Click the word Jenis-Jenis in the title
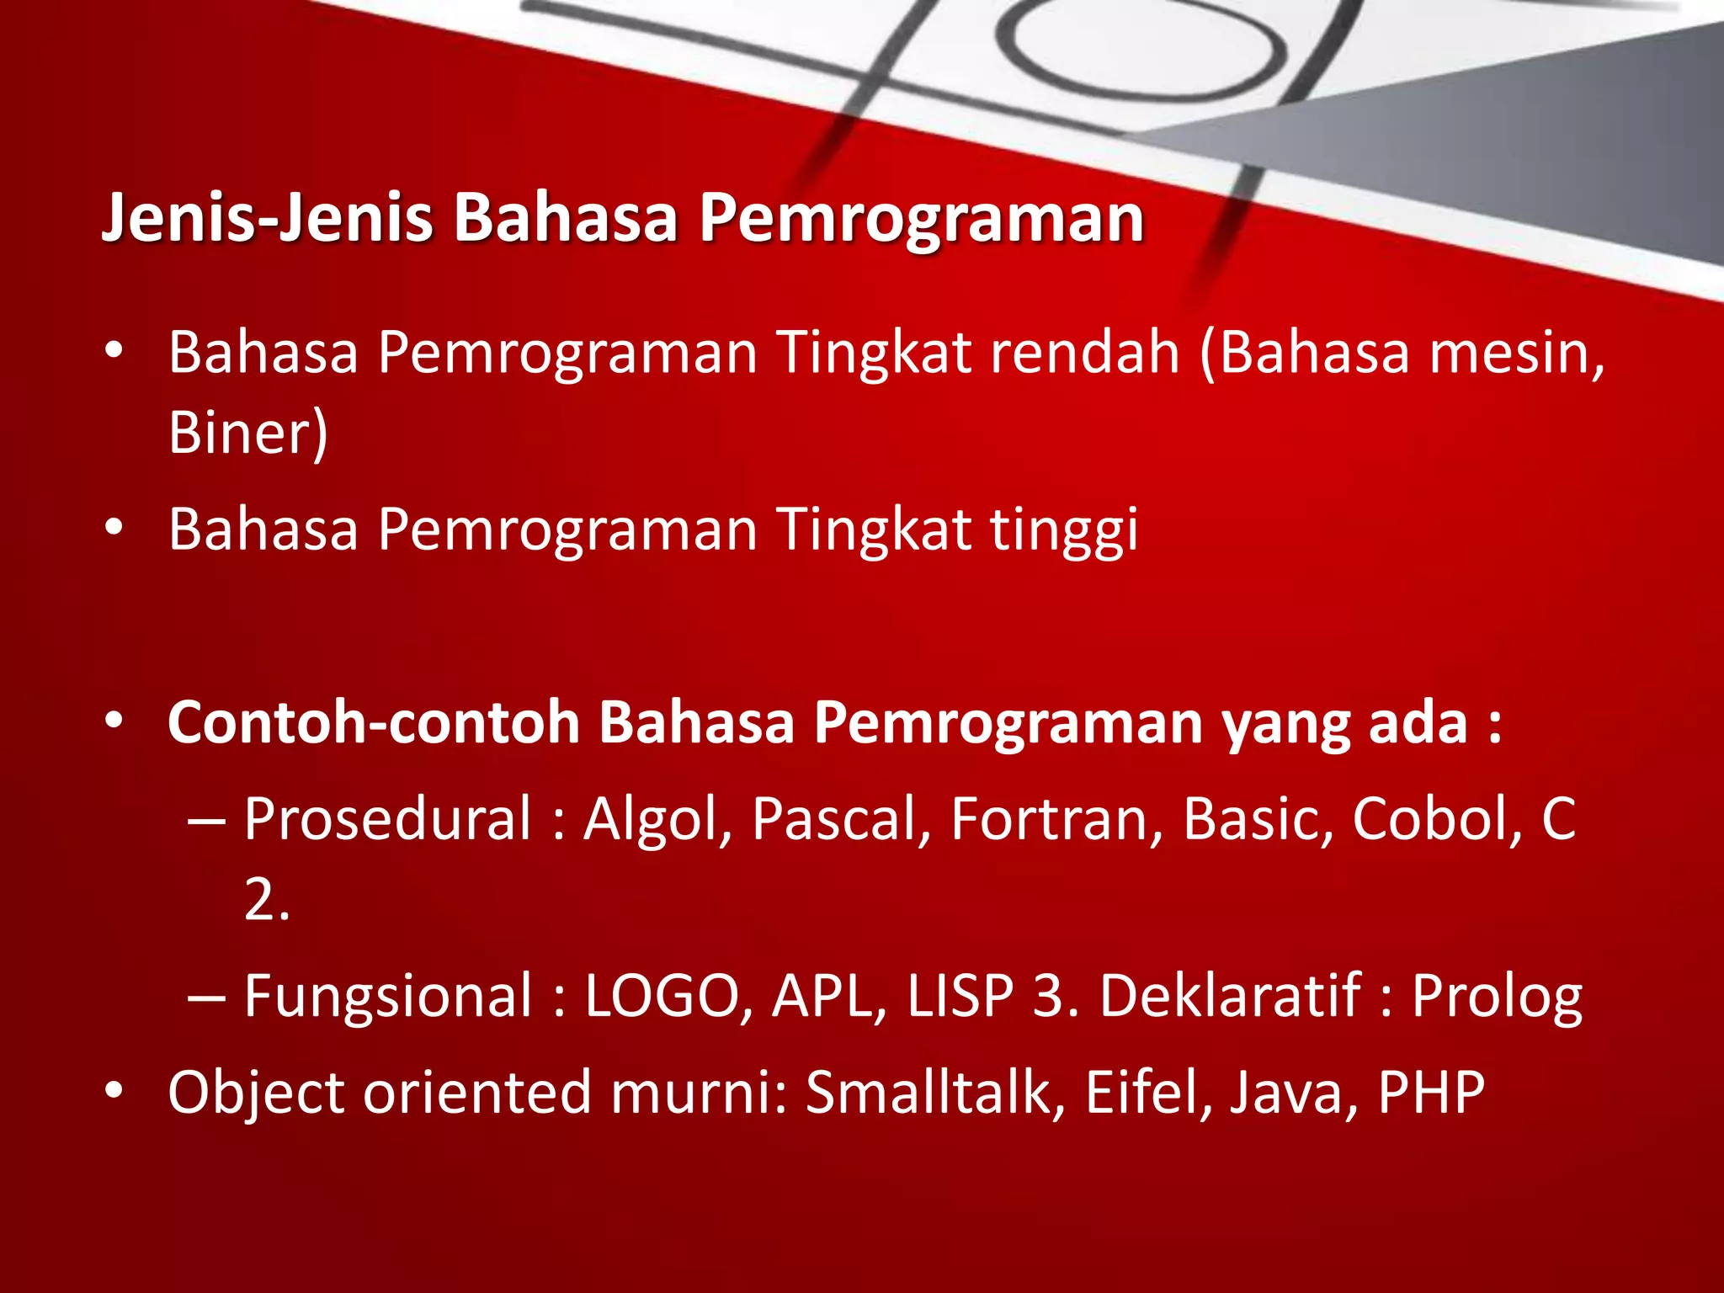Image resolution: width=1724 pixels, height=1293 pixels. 267,218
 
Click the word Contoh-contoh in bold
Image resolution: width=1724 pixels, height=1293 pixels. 374,723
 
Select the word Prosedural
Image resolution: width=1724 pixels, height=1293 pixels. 388,818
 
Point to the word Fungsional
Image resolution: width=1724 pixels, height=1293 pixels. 388,996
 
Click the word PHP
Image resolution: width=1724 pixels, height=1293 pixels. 1431,1093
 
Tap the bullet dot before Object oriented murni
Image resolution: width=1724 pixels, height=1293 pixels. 114,1092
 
